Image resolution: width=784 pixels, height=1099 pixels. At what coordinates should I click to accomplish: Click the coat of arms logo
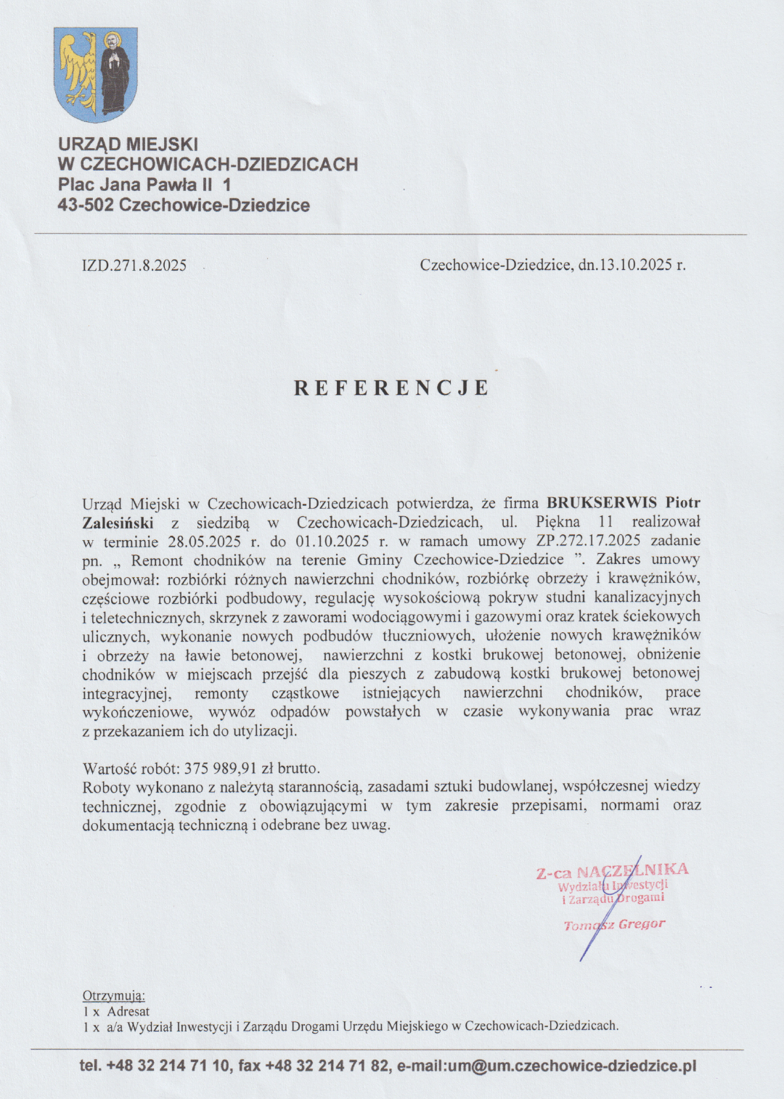(x=96, y=75)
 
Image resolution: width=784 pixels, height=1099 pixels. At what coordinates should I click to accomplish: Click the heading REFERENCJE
(x=392, y=388)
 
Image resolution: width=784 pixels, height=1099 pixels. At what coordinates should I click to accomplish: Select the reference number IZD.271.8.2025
(x=134, y=266)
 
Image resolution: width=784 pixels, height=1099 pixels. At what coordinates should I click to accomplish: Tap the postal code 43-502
(x=86, y=205)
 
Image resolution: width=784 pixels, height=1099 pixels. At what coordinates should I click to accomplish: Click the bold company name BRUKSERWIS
(x=602, y=502)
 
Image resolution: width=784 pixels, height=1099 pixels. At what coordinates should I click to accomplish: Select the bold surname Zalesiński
(x=118, y=522)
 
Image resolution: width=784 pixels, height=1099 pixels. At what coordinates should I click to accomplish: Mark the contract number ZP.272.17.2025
(x=588, y=541)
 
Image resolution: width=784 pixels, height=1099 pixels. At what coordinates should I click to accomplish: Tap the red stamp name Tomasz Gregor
(x=614, y=925)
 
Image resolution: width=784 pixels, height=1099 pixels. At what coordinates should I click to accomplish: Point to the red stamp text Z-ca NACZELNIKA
(x=612, y=871)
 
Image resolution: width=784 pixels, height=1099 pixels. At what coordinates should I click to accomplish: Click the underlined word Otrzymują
(x=113, y=996)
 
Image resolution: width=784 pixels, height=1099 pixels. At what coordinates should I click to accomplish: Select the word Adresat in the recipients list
(x=128, y=1011)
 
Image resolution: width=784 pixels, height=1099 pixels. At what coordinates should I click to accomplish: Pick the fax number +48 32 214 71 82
(x=327, y=1066)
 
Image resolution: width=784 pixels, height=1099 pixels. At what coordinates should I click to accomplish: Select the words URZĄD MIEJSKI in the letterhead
(x=128, y=144)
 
